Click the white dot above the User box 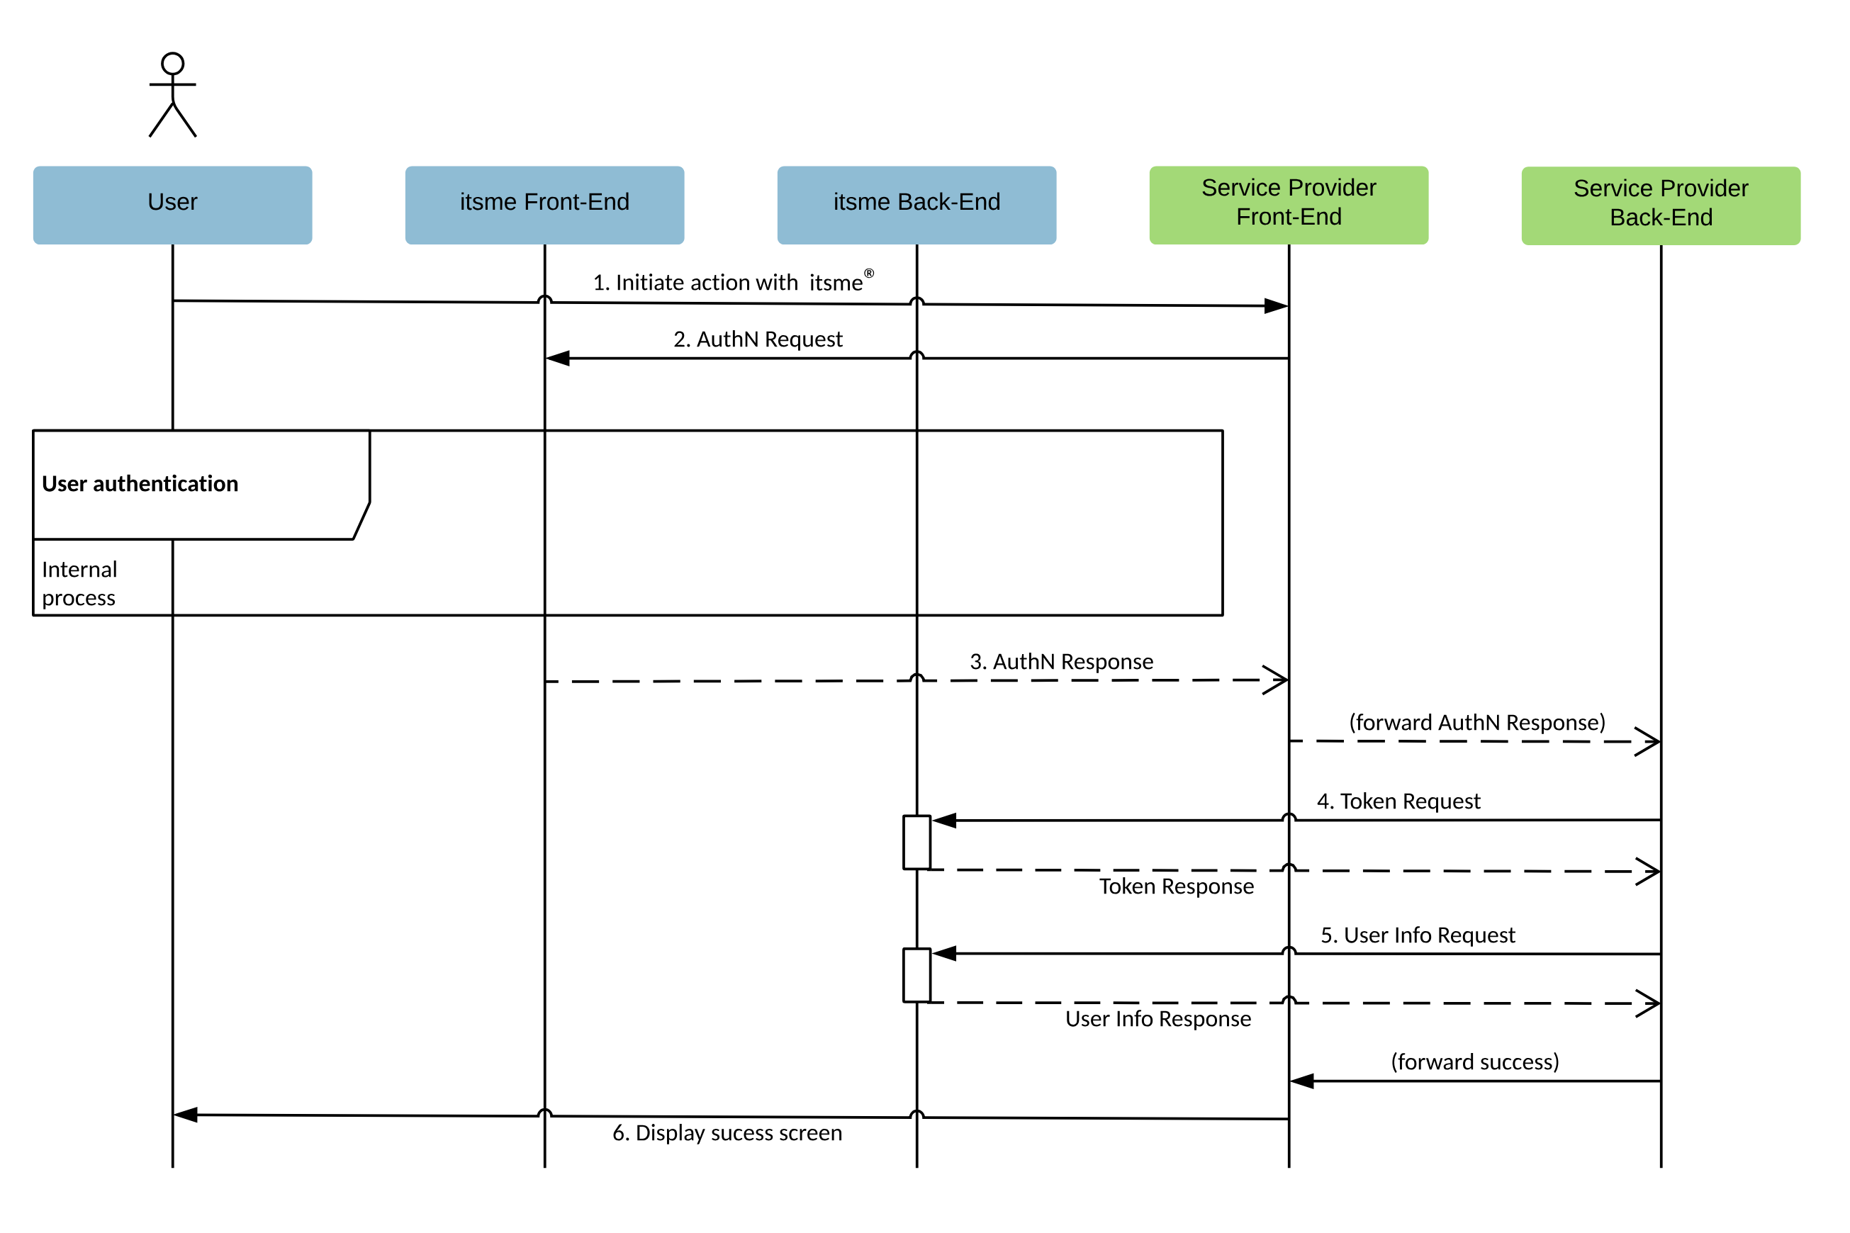pos(172,64)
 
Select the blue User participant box pos(172,205)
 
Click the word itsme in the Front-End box pos(488,202)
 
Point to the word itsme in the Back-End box pos(862,202)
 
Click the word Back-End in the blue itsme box pos(948,202)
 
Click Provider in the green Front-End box pos(1333,188)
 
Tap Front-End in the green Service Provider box pos(1289,217)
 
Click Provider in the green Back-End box pos(1705,188)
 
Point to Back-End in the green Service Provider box pos(1661,218)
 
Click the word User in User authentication pos(65,483)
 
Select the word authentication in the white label pos(165,483)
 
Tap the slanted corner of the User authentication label pos(361,520)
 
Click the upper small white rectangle pos(916,842)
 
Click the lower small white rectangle pos(916,975)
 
